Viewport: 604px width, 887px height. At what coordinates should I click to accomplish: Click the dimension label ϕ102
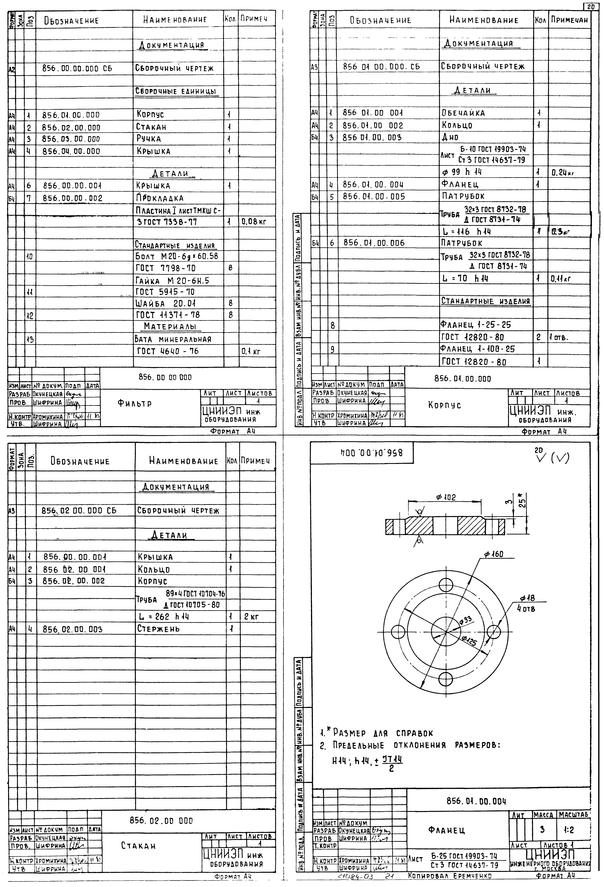pyautogui.click(x=446, y=497)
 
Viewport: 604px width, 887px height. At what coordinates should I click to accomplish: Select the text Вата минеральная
pyautogui.click(x=173, y=339)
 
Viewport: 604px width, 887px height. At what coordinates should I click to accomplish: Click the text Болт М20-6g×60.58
pyautogui.click(x=176, y=256)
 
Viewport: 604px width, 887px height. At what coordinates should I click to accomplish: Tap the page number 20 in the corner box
pyautogui.click(x=591, y=7)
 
